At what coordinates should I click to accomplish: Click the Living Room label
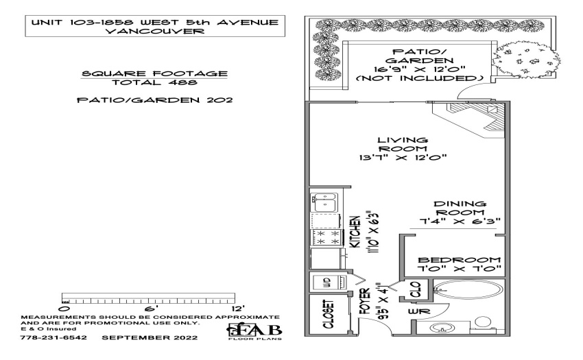coord(403,144)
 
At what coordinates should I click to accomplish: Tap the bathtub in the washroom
coord(468,291)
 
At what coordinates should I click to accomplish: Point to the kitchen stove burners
coord(326,238)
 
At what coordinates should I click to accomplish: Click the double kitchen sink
coord(324,202)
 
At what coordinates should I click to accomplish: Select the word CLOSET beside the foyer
coord(329,314)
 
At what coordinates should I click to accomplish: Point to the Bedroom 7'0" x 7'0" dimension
coord(460,269)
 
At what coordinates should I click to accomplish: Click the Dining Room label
coord(460,208)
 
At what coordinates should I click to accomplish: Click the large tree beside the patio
coord(528,59)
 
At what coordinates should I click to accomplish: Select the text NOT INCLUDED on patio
coord(419,78)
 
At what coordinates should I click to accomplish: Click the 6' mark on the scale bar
coord(152,309)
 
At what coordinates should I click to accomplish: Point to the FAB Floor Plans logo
coord(255,331)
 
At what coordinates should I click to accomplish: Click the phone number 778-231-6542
coord(53,337)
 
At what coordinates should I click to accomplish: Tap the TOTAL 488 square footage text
coord(154,82)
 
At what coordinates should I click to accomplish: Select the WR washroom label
coord(419,311)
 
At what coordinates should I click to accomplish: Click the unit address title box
coord(155,26)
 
